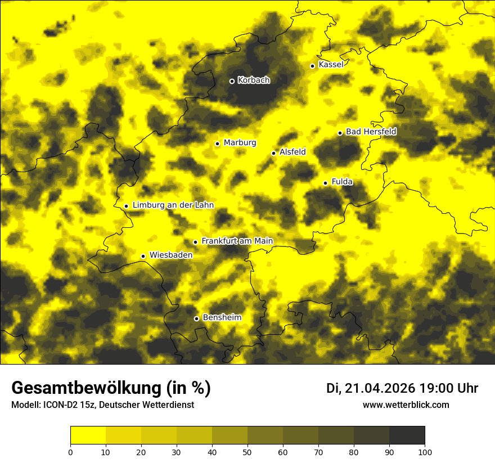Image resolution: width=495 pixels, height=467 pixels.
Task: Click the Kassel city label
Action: pyautogui.click(x=331, y=65)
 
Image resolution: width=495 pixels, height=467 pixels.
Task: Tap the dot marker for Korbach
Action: pyautogui.click(x=232, y=81)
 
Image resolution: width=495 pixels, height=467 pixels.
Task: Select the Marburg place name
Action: pyautogui.click(x=240, y=143)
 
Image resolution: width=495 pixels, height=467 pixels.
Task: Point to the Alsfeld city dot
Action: pyautogui.click(x=274, y=153)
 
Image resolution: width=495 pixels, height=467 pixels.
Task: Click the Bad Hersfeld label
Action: pyautogui.click(x=371, y=132)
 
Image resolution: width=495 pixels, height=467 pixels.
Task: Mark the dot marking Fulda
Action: pyautogui.click(x=326, y=183)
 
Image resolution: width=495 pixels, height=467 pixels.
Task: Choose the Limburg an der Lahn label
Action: pyautogui.click(x=173, y=205)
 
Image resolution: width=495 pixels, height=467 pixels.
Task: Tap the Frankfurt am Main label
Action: pyautogui.click(x=237, y=241)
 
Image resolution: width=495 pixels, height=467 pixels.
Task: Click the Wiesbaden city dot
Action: pyautogui.click(x=143, y=257)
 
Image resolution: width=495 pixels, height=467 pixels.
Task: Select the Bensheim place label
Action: pyautogui.click(x=222, y=318)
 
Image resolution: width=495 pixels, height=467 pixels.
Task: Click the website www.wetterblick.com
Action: pyautogui.click(x=406, y=405)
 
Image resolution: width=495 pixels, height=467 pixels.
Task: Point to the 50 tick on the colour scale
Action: pyautogui.click(x=247, y=452)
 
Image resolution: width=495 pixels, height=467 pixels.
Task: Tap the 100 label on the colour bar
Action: pyautogui.click(x=425, y=452)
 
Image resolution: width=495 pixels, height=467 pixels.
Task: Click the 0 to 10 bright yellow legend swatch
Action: pyautogui.click(x=88, y=435)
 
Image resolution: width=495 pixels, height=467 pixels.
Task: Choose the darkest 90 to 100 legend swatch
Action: pyautogui.click(x=407, y=435)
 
